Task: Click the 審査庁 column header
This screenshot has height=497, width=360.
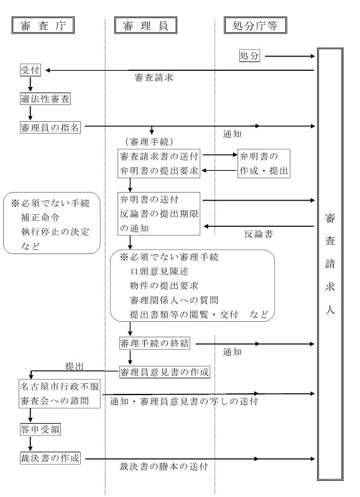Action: (x=43, y=25)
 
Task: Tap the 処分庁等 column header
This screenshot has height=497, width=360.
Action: (x=250, y=25)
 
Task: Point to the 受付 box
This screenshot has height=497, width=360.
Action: (x=30, y=70)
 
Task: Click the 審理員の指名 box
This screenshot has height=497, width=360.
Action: (x=51, y=127)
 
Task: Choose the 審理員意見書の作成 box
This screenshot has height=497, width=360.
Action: (x=165, y=372)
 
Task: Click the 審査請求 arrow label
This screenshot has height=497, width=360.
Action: (x=154, y=79)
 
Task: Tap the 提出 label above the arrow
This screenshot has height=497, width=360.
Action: (x=75, y=366)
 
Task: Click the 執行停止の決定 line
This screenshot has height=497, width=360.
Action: (x=55, y=232)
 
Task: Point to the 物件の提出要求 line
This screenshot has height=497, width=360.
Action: (x=160, y=286)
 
